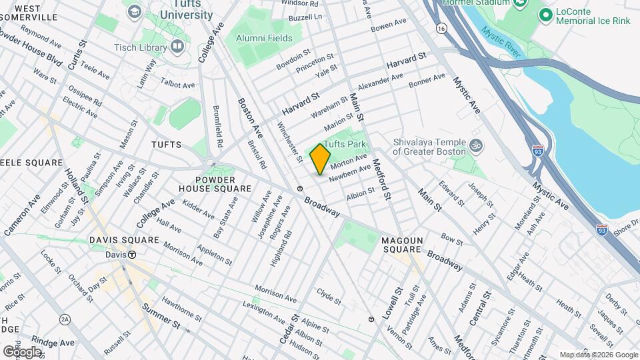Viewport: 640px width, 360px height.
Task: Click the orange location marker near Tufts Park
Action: [x=321, y=159]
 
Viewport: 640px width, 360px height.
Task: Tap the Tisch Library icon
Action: [x=177, y=46]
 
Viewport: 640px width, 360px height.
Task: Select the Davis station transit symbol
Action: [x=132, y=255]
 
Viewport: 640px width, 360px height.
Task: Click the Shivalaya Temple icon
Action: [x=476, y=145]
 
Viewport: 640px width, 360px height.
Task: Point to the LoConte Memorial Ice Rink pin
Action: [x=545, y=14]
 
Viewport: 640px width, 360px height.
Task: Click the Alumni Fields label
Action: [x=266, y=38]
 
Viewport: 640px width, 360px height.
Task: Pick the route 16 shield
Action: [x=441, y=29]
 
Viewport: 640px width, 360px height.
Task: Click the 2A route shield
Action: [x=65, y=320]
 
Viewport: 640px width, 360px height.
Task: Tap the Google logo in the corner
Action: [x=22, y=351]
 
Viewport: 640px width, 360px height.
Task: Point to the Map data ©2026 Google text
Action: [x=598, y=355]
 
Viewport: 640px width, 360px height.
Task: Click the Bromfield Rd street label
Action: [x=217, y=126]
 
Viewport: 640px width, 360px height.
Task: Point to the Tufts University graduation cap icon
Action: [x=135, y=11]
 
